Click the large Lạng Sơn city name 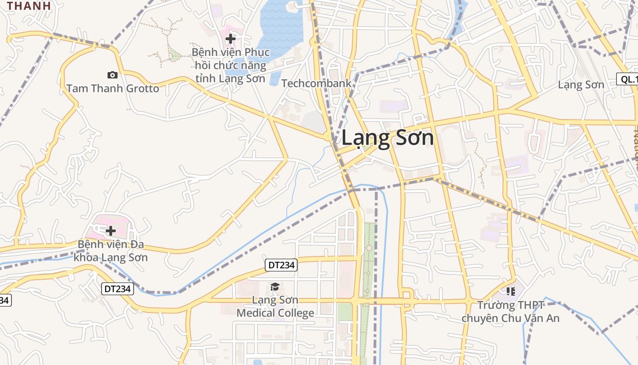(x=387, y=137)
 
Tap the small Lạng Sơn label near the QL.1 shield (x=581, y=85)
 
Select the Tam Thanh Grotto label (x=113, y=89)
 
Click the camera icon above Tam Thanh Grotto (x=112, y=75)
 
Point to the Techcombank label (x=316, y=83)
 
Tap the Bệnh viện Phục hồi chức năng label (x=231, y=65)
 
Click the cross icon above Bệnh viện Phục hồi (x=231, y=39)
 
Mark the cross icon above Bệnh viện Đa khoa (x=110, y=231)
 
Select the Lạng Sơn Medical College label (x=275, y=306)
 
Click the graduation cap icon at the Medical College (x=275, y=287)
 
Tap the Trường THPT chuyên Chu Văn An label (x=510, y=311)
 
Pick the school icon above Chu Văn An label (x=510, y=291)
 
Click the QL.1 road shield (x=628, y=79)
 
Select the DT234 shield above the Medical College (x=281, y=265)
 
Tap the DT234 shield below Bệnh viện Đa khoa (x=117, y=288)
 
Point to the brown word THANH (x=29, y=6)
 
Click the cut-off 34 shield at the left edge (x=5, y=300)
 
